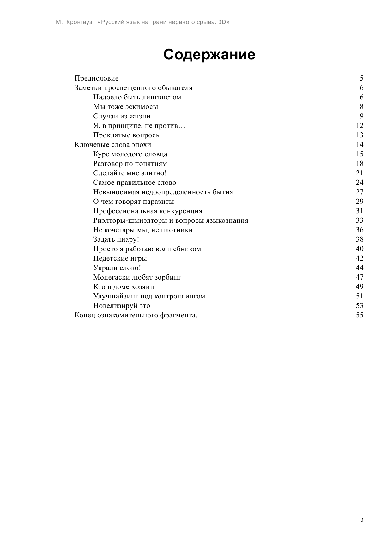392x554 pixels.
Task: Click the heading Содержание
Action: tap(209, 55)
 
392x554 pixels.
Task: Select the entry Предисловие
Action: tap(96, 78)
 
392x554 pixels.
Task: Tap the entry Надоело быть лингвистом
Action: tap(137, 97)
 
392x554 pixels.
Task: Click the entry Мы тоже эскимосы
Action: tap(125, 107)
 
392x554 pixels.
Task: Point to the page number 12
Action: tap(359, 126)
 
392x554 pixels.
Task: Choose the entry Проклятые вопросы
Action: tap(127, 135)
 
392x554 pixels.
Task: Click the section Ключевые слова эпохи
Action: tap(113, 145)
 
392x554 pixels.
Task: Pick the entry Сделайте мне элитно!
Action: tap(130, 173)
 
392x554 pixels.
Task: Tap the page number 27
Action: tap(359, 192)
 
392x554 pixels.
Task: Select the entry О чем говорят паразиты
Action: tap(133, 202)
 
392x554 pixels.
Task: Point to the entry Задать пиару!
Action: tap(116, 239)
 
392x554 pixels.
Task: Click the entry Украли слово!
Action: tap(117, 268)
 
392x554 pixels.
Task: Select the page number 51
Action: tap(359, 296)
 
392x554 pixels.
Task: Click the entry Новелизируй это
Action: tap(122, 306)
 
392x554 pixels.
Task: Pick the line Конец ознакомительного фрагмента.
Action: tap(136, 315)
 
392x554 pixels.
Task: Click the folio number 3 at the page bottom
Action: tap(362, 520)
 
